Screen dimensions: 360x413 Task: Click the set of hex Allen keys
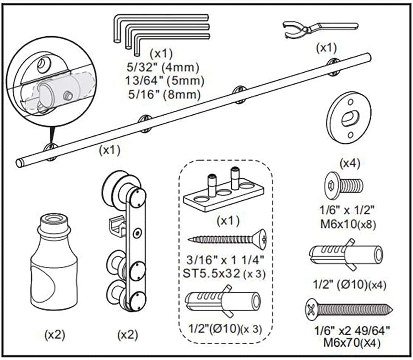click(x=161, y=31)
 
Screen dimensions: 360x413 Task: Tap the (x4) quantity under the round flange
click(x=350, y=163)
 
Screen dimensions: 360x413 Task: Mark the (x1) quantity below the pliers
click(x=326, y=48)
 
